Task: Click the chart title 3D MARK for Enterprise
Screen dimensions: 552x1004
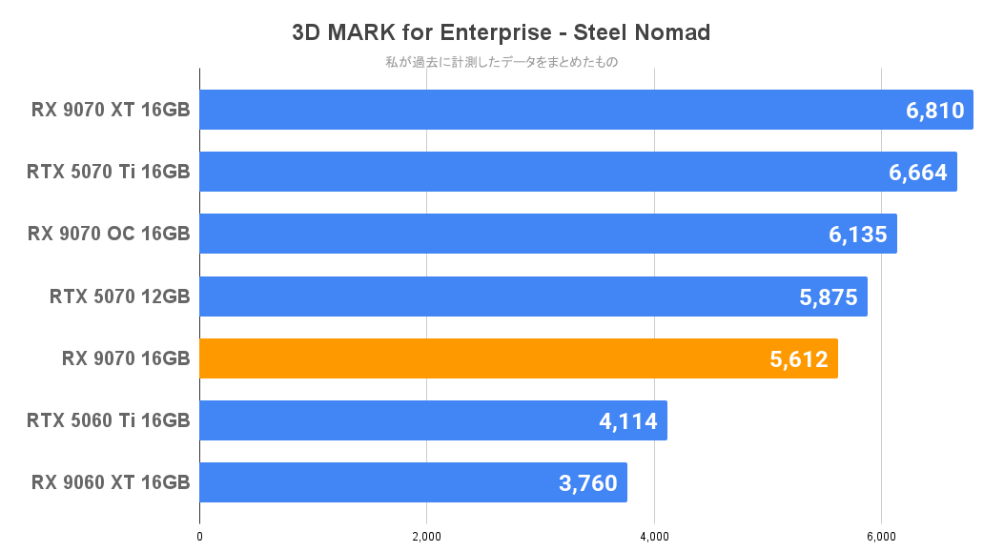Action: (501, 32)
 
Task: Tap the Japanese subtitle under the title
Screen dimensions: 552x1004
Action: (501, 63)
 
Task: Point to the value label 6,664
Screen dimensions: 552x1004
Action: (917, 173)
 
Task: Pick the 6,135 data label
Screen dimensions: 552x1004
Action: (857, 235)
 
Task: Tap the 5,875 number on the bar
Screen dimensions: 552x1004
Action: (829, 296)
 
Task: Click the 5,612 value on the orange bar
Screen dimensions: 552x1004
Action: (798, 358)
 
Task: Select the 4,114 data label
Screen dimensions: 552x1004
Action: (627, 420)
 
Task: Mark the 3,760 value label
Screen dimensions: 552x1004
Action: (588, 482)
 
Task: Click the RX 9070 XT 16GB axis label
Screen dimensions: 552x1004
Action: (111, 110)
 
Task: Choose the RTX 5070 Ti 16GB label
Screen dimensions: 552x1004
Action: (109, 172)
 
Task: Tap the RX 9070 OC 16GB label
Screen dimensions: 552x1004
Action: (109, 234)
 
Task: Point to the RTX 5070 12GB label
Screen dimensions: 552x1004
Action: (119, 296)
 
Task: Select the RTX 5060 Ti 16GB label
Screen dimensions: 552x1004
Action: (109, 419)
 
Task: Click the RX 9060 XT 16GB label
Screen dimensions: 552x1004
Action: (111, 481)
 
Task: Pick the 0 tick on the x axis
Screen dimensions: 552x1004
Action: (199, 537)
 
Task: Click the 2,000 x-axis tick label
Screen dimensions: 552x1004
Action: (426, 537)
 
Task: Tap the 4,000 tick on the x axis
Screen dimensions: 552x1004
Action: (654, 537)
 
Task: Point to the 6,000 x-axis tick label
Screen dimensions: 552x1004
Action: (881, 537)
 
